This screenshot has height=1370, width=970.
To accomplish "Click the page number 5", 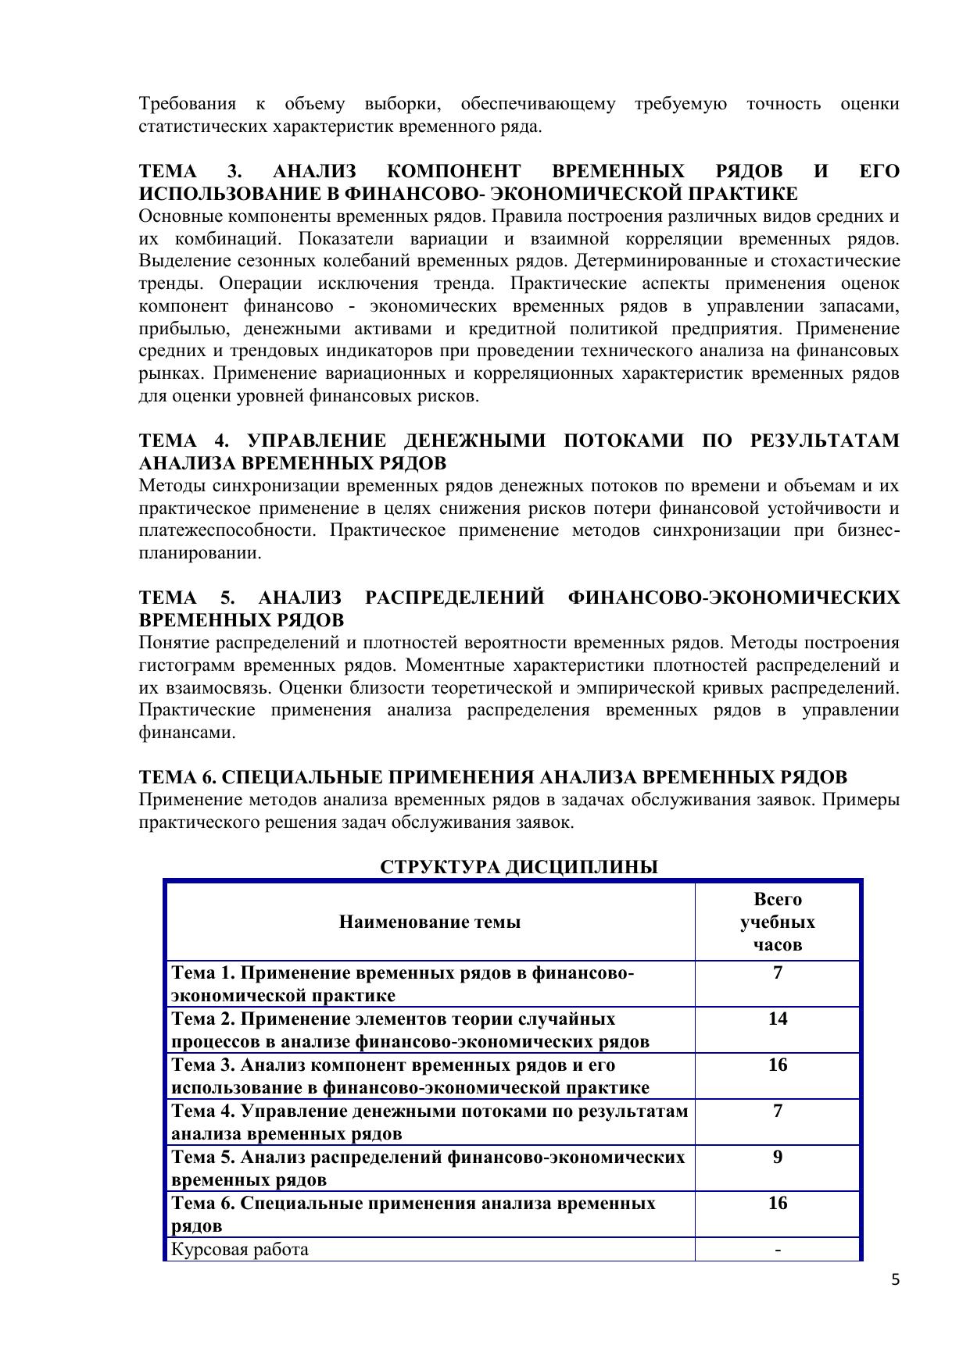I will coord(895,1279).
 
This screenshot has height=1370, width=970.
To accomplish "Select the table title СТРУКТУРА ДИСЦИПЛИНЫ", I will coord(518,867).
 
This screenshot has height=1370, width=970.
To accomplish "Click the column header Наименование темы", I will coord(429,922).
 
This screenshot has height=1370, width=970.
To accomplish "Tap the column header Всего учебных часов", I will coord(777,922).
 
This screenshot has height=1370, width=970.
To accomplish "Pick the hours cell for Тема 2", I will coord(777,1019).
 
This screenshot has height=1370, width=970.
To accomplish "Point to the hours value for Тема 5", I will coord(777,1157).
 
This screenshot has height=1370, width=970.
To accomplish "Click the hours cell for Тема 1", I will coord(777,972).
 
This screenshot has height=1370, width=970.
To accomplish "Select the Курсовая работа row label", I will coord(240,1249).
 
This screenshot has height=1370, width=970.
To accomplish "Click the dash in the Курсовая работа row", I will coord(777,1249).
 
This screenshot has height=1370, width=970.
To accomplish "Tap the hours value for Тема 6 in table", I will coord(777,1203).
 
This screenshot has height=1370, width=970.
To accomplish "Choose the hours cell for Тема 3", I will coord(777,1065).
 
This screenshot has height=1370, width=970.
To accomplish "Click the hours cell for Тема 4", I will coord(777,1111).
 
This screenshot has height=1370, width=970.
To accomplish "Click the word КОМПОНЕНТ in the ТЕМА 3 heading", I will coord(453,172).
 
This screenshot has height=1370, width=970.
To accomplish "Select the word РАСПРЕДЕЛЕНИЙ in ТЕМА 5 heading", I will coord(454,598).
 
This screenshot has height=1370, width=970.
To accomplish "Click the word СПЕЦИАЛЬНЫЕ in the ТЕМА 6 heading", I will coord(302,778).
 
